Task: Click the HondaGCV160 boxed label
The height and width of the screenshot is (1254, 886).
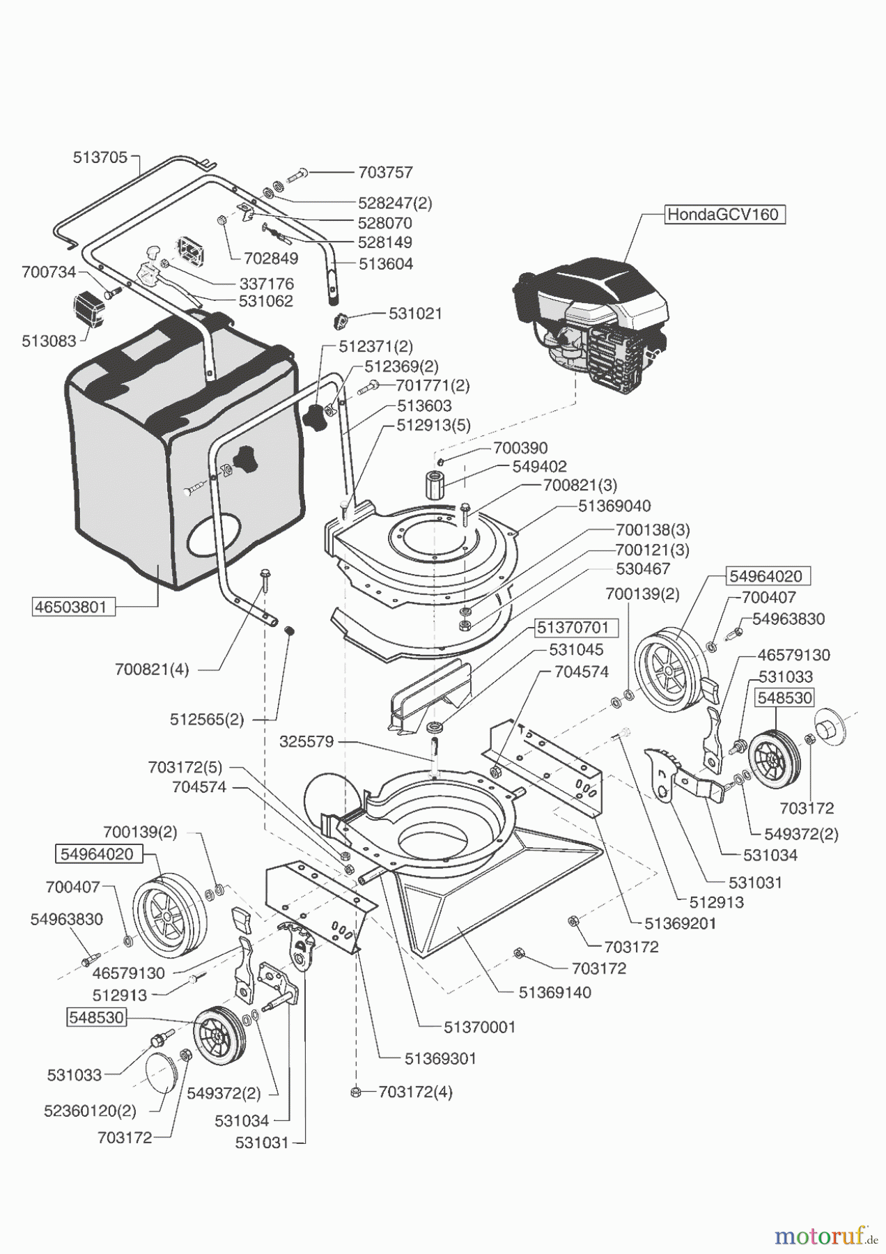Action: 723,214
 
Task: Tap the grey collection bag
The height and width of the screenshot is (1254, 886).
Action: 181,460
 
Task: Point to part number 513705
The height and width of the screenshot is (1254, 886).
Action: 100,157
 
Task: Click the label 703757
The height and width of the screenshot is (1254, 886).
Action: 385,172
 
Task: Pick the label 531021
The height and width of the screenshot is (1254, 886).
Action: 415,313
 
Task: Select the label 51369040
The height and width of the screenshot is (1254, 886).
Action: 614,506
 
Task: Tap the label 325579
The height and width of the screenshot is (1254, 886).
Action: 306,742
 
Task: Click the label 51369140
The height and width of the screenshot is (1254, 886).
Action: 555,992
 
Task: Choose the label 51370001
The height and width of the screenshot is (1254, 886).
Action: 480,1027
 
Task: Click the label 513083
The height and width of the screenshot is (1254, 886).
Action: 49,341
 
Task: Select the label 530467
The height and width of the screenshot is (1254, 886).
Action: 643,568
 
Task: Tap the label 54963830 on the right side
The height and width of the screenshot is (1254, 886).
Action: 788,619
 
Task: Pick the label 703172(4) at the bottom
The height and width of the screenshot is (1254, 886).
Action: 415,1092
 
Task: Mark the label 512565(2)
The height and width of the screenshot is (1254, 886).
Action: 207,719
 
